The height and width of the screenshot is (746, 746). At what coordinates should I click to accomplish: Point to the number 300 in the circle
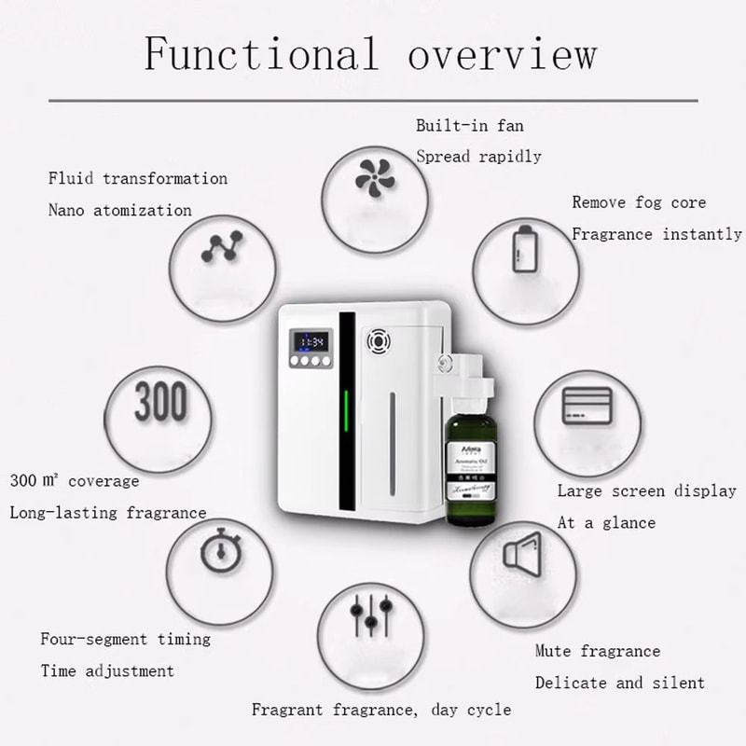[160, 403]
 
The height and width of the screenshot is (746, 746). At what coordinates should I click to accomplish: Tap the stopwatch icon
[219, 553]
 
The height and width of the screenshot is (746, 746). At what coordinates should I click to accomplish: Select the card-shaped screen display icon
[587, 405]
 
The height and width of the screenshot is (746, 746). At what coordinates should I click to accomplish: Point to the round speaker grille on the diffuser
[380, 341]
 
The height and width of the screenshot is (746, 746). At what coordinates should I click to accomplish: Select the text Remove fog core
[639, 202]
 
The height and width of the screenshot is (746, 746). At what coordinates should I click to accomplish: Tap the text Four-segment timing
[125, 639]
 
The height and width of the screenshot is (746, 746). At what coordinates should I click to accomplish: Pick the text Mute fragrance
[597, 651]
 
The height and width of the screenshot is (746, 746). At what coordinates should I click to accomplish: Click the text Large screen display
[646, 490]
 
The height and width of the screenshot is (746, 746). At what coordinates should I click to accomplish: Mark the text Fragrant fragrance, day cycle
[380, 710]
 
